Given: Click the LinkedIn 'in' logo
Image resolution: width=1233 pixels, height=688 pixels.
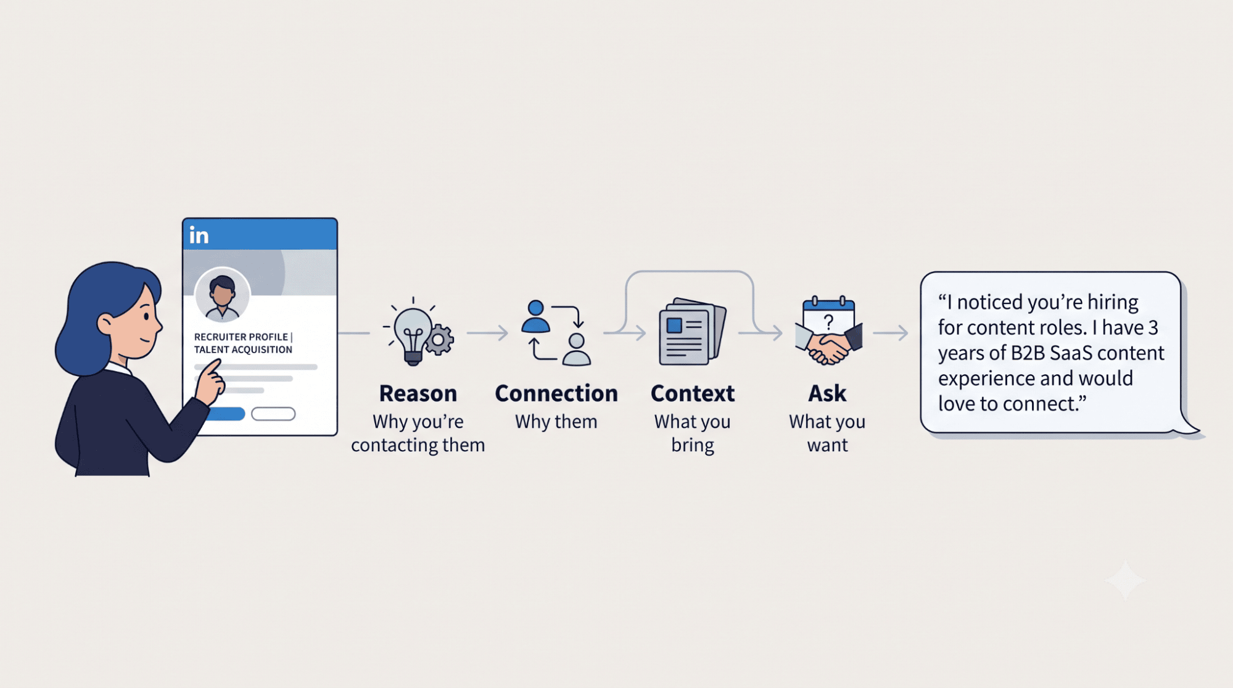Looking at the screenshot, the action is coord(199,235).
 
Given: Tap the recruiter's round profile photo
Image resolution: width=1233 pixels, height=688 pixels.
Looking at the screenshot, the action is coord(222,295).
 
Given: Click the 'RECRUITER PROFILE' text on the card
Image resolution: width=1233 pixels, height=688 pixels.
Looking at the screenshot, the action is coord(241,337).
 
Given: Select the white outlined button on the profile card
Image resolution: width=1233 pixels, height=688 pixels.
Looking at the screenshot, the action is coord(273,414).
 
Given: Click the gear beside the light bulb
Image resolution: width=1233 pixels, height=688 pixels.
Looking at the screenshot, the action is coord(439,340).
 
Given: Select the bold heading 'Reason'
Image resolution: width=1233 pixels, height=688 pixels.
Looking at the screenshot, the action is coord(418,393).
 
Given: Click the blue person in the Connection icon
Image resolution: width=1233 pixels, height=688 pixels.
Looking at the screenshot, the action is coord(535,316).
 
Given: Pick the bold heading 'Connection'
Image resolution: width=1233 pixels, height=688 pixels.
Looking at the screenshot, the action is coord(556,393).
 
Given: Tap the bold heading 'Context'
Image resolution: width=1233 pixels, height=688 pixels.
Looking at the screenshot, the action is coord(692,393).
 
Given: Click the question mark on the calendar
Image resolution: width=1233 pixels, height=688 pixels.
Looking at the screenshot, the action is coord(828,321).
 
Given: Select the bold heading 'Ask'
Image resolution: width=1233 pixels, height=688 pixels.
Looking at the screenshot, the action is coord(827,393).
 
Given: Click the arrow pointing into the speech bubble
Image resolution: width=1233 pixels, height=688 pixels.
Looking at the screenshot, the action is coord(891,333).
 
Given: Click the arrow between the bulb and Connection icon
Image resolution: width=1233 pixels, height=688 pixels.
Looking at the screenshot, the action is coord(487,333).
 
